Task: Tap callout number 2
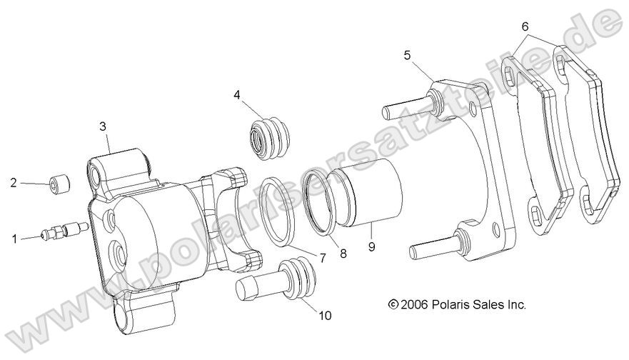pyautogui.click(x=14, y=183)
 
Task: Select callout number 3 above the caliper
pyautogui.click(x=103, y=126)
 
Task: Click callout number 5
pyautogui.click(x=407, y=54)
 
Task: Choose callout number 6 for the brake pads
pyautogui.click(x=525, y=27)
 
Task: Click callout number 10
pyautogui.click(x=326, y=314)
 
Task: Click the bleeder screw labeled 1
pyautogui.click(x=64, y=230)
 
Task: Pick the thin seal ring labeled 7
pyautogui.click(x=276, y=211)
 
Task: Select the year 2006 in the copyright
pyautogui.click(x=414, y=304)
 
